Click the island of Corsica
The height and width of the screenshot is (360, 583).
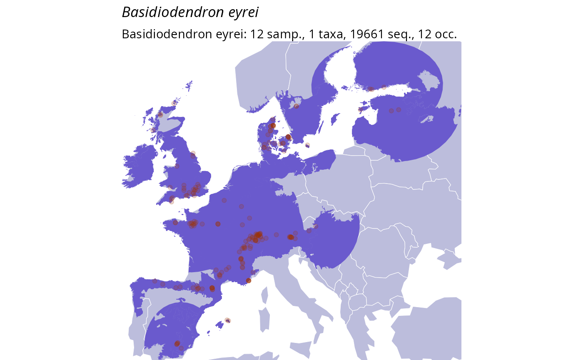pos(264,294)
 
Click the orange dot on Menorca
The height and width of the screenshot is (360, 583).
pos(227,320)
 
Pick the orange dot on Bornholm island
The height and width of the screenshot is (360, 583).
pos(307,145)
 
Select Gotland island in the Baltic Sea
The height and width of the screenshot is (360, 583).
pos(335,119)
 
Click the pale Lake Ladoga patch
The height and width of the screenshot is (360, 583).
pos(428,79)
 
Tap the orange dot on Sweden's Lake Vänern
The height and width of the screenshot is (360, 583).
pos(296,106)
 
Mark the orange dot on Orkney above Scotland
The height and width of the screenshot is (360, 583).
pos(174,103)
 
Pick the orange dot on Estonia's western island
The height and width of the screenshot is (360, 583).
pos(360,109)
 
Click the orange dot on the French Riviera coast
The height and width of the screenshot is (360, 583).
pos(249,281)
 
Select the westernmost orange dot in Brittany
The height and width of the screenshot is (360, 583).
pos(175,223)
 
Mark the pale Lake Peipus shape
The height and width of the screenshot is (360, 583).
pos(425,119)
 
